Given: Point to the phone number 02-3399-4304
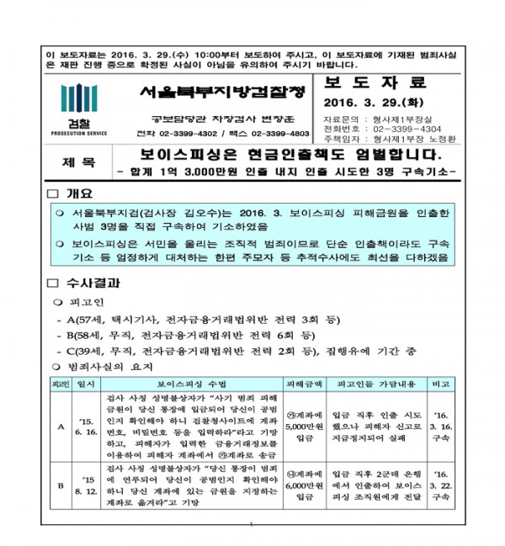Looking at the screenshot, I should (x=408, y=128).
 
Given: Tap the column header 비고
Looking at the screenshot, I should (x=440, y=383).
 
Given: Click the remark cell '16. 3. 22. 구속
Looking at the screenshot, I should (x=440, y=486).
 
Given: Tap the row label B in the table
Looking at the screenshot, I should (x=60, y=486).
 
